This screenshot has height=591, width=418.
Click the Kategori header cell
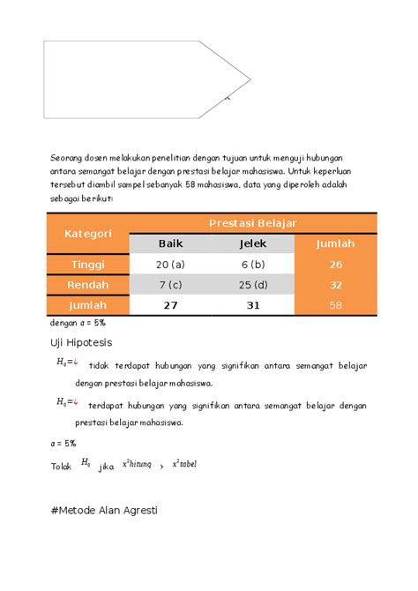pyautogui.click(x=87, y=233)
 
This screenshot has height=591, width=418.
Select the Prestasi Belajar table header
pyautogui.click(x=251, y=223)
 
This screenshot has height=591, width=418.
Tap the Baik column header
pyautogui.click(x=170, y=243)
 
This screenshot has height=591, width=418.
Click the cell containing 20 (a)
pyautogui.click(x=170, y=264)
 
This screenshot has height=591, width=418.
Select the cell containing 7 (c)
pyautogui.click(x=170, y=284)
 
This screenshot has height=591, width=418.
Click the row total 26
pyautogui.click(x=335, y=264)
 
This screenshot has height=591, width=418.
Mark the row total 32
pyautogui.click(x=335, y=284)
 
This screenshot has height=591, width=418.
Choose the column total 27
pyautogui.click(x=170, y=304)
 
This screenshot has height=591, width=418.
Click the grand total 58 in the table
pyautogui.click(x=335, y=304)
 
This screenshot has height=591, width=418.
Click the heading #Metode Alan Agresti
pyautogui.click(x=104, y=510)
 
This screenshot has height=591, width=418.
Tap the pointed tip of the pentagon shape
pyautogui.click(x=250, y=79)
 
